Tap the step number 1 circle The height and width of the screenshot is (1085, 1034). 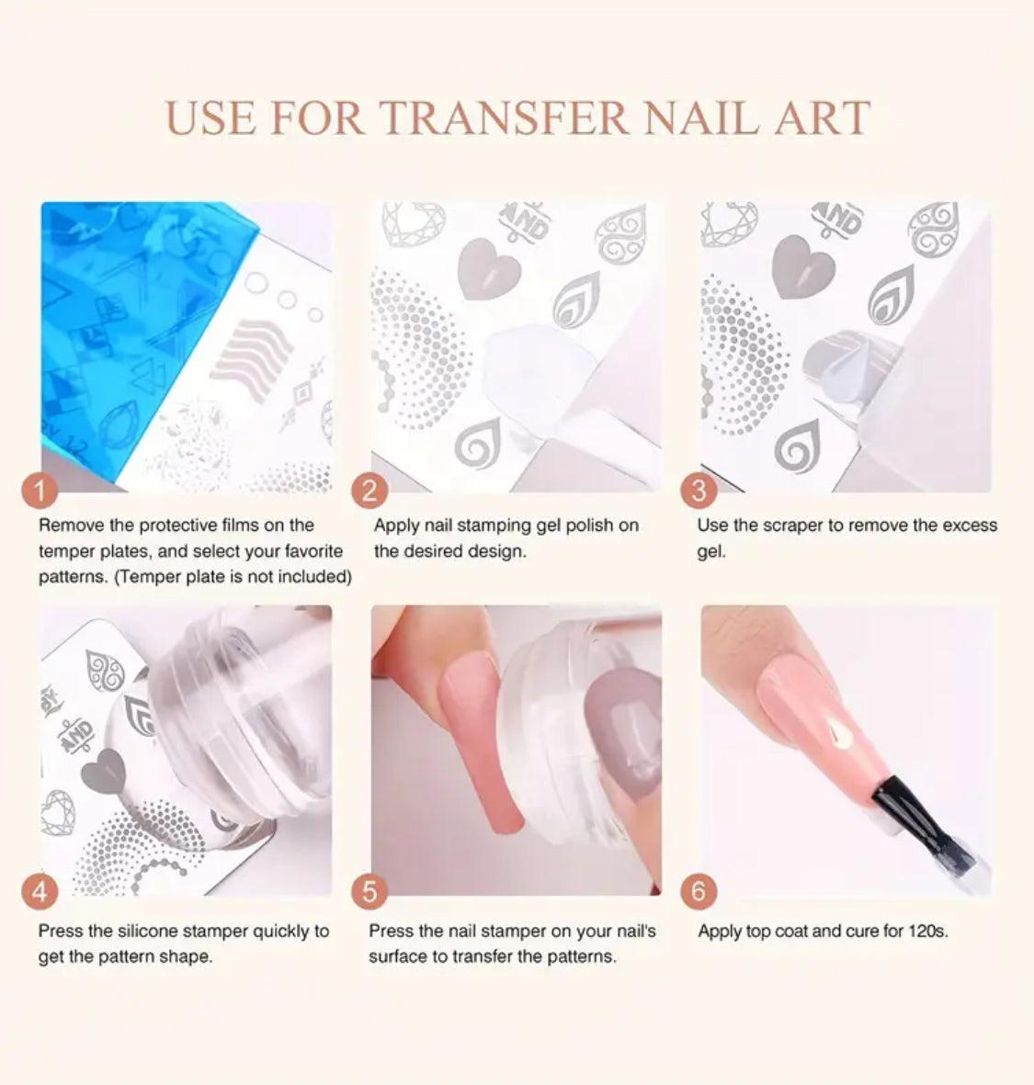click(40, 490)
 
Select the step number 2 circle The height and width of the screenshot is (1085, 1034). click(369, 490)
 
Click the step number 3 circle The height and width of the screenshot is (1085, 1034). click(699, 490)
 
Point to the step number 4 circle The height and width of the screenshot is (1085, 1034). click(40, 891)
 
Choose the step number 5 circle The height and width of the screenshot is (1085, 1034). click(369, 891)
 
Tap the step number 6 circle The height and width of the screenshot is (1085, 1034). click(699, 891)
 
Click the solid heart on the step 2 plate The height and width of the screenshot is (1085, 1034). click(489, 268)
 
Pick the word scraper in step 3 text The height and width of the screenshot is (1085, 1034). click(794, 526)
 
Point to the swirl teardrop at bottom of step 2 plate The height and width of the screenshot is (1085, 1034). click(478, 443)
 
